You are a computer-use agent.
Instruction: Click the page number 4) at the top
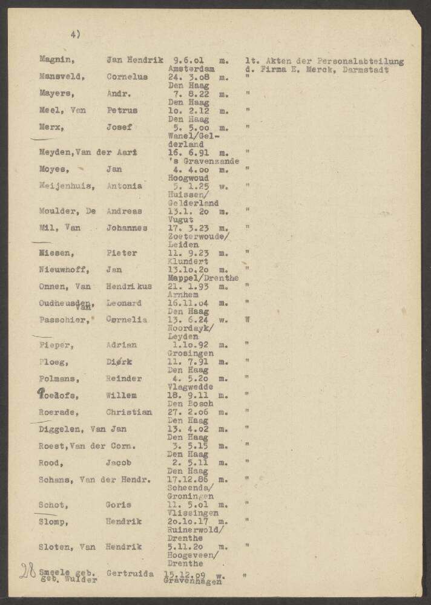pos(75,34)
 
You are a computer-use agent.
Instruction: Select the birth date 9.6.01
pos(187,60)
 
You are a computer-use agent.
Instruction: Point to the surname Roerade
pos(59,411)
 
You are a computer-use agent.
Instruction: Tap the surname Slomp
pos(53,521)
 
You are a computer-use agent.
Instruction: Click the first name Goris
pos(119,505)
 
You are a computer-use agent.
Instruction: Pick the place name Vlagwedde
pos(189,387)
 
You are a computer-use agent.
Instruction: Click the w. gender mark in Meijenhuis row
pos(225,186)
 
